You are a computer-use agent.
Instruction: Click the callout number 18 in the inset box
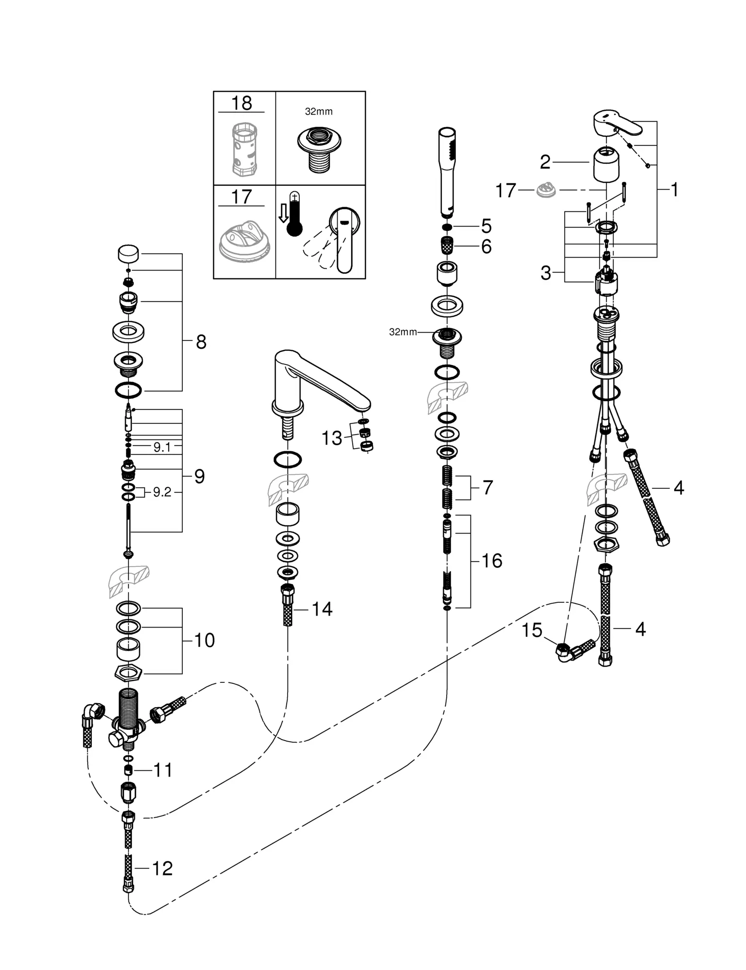[242, 103]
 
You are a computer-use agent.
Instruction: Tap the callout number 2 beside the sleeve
[545, 162]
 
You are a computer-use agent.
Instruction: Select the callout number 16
[492, 561]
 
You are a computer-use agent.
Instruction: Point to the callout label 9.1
[162, 447]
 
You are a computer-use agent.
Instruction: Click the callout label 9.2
[162, 492]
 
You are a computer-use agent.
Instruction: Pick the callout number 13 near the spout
[332, 438]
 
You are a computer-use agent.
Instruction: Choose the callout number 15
[532, 630]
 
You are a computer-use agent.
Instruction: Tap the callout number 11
[163, 770]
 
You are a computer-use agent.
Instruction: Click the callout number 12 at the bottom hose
[162, 869]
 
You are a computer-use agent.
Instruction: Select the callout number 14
[322, 609]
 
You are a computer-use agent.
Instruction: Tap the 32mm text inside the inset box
[319, 112]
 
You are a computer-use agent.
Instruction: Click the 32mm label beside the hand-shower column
[403, 332]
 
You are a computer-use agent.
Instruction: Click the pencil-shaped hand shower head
[447, 171]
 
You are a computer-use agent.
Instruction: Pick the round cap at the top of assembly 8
[129, 253]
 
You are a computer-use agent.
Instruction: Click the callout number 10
[204, 640]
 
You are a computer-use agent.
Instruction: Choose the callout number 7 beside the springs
[487, 487]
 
